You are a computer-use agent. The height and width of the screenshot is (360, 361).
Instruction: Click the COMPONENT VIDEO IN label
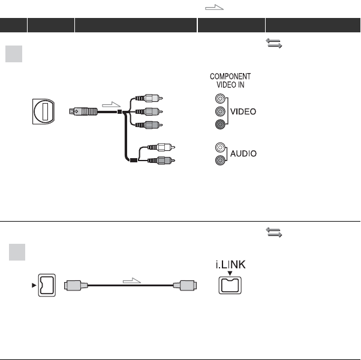(x=230, y=81)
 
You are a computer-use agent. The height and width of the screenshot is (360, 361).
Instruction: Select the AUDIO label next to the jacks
(x=244, y=153)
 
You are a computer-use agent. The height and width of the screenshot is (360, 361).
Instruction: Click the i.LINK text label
(x=230, y=263)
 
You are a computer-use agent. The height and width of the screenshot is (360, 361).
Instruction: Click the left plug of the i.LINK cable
(x=78, y=286)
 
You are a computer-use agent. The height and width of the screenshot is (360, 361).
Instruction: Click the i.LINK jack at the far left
(x=46, y=285)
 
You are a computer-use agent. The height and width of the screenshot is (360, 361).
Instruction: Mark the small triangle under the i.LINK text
(x=230, y=272)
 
